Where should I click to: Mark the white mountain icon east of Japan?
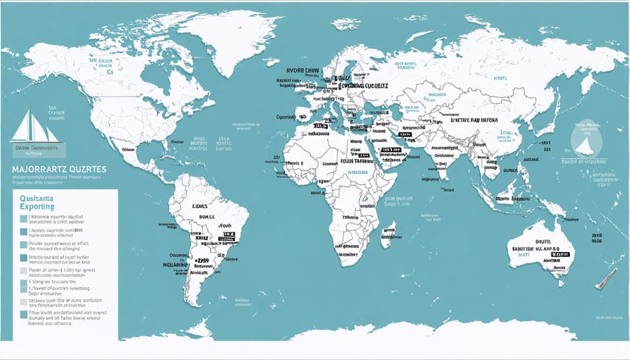click(584, 144)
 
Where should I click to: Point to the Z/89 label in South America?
click(203, 260)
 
